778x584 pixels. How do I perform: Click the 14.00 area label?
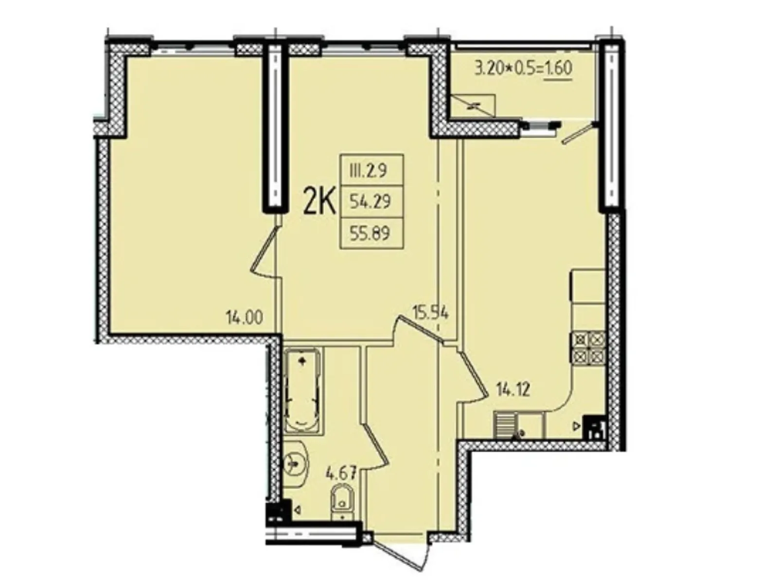click(x=244, y=318)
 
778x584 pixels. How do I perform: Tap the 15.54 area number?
click(x=430, y=312)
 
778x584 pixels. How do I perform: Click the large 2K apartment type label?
click(x=319, y=203)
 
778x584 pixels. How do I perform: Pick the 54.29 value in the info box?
click(x=371, y=201)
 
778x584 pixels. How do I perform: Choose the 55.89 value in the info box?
click(x=371, y=234)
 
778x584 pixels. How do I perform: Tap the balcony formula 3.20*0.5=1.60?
click(x=523, y=68)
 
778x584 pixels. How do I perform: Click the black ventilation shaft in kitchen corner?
click(x=594, y=427)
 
